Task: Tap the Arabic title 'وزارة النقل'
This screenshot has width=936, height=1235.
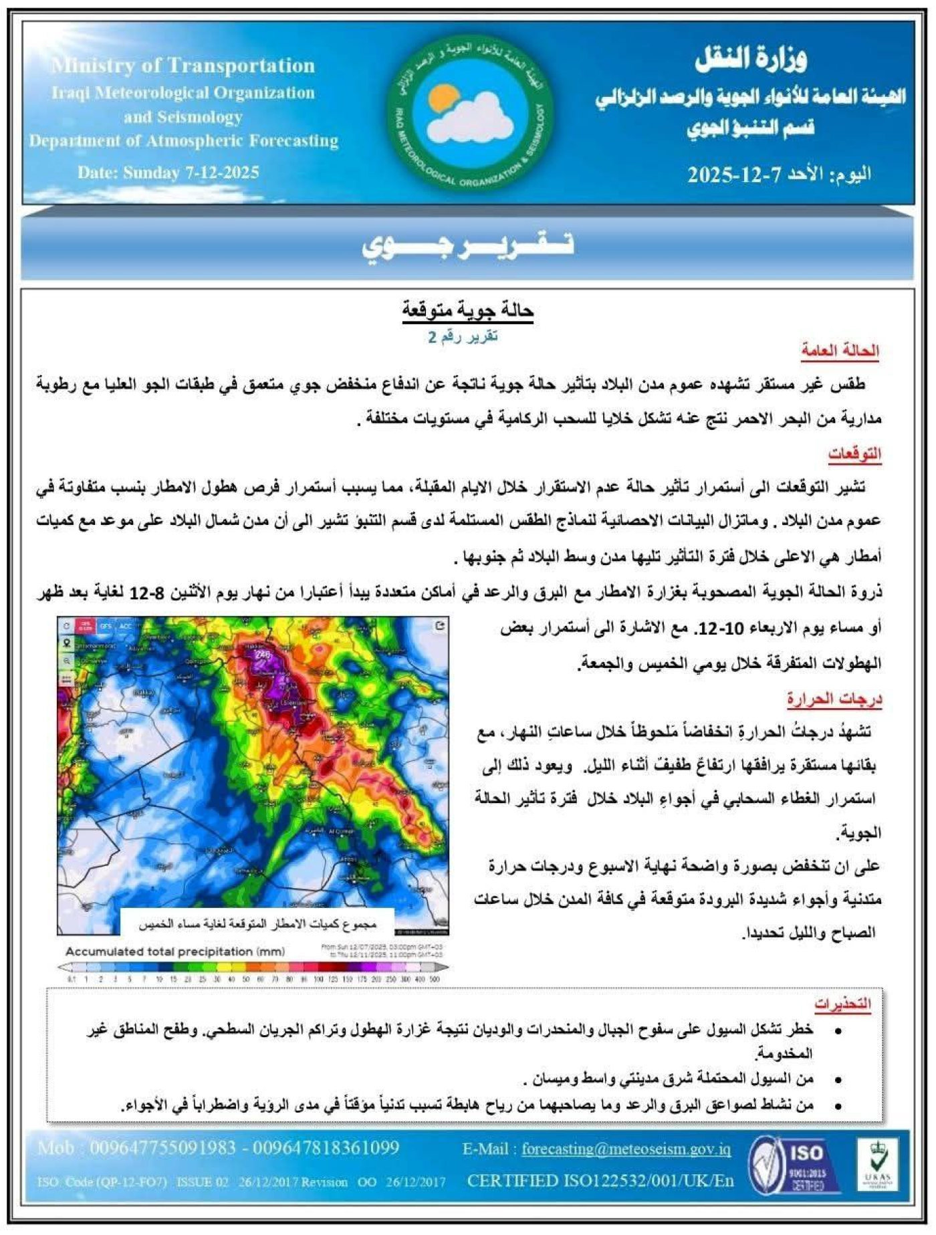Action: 750,60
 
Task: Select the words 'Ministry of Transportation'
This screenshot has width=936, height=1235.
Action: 183,66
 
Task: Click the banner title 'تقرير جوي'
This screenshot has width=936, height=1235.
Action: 468,245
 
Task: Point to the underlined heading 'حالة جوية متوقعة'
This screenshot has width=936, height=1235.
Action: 467,310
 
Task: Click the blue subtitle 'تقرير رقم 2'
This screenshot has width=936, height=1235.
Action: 463,336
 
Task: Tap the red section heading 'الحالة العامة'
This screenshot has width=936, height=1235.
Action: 840,350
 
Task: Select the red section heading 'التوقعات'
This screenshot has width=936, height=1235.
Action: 854,454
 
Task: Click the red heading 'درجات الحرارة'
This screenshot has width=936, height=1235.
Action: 834,699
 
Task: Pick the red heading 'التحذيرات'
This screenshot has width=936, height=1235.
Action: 842,1004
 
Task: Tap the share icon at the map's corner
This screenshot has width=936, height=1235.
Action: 439,626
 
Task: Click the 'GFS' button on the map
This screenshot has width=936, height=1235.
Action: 105,627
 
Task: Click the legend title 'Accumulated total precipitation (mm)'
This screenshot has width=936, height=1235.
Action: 175,951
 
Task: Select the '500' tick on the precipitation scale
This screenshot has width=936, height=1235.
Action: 435,979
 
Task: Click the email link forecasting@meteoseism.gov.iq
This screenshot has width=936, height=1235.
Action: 626,1149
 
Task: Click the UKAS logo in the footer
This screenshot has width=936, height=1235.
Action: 877,1165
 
